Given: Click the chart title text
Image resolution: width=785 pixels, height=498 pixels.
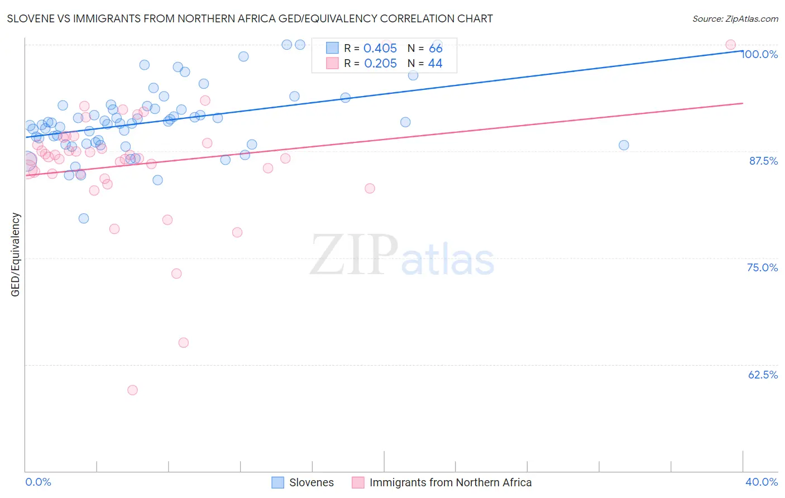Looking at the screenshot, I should coord(250,18).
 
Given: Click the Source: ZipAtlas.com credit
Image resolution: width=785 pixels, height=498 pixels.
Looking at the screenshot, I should coord(735,18).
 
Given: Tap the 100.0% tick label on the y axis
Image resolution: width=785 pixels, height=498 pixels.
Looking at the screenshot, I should coord(759,54).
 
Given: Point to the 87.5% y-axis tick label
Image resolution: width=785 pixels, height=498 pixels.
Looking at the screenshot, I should coord(763,161).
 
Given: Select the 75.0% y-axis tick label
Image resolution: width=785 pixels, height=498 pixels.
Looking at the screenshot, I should coord(762,267).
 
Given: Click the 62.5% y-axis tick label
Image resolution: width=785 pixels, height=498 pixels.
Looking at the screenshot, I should coord(763,375).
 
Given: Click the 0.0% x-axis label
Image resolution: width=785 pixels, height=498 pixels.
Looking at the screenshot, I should coord(38,482).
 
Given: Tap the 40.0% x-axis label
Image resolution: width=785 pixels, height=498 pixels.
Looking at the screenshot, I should coord(761,482).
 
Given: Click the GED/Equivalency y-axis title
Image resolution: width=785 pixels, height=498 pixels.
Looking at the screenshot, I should coord(16,255).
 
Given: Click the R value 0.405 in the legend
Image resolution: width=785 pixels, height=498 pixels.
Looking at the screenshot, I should coord(380,49).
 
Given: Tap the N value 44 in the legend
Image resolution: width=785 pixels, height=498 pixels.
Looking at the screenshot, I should coord(435,64).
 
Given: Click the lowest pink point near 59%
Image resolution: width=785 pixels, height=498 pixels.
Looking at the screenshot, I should coord(132,390).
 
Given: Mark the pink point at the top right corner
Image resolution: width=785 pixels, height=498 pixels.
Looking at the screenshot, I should coord(730,45).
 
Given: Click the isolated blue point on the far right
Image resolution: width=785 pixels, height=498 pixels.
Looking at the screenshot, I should coord(624,145).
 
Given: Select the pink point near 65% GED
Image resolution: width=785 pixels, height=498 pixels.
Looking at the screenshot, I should coord(183,343).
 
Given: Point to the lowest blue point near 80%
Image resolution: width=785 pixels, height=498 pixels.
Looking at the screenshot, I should coord(84,218).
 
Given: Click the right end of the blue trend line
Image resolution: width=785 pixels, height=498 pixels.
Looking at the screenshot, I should coord(743,50).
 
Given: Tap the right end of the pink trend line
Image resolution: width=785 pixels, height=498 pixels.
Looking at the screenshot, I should coord(743,103).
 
